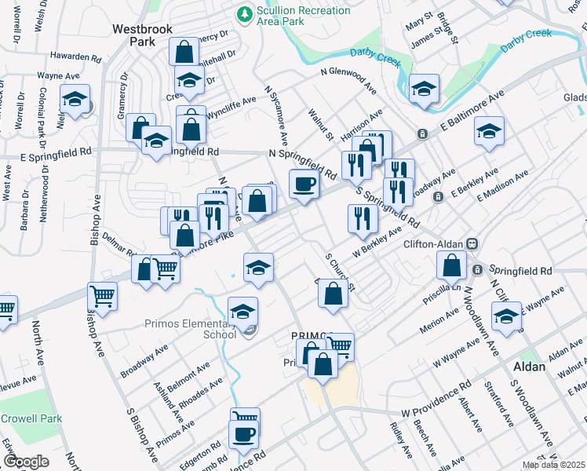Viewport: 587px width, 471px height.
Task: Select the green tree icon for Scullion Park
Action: click(x=244, y=13)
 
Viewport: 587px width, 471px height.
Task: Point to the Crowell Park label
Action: click(x=33, y=418)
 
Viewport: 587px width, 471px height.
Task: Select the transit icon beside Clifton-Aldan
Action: click(x=472, y=244)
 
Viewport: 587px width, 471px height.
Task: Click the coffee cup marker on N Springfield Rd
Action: click(x=304, y=184)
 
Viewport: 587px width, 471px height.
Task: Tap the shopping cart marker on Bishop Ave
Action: click(x=103, y=297)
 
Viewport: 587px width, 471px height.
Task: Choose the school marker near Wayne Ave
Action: click(x=75, y=100)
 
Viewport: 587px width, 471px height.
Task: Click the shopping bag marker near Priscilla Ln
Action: click(x=453, y=266)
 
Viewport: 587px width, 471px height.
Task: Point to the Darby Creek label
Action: click(x=527, y=40)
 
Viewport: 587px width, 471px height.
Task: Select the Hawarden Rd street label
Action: click(x=75, y=57)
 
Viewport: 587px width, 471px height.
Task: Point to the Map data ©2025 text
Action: click(x=554, y=466)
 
